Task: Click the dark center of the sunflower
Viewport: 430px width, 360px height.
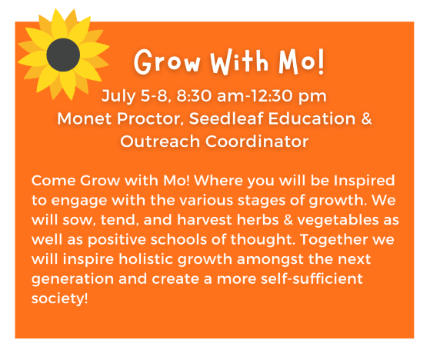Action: click(x=63, y=55)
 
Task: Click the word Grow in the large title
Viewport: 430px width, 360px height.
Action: click(x=167, y=62)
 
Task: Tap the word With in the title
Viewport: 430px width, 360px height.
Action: click(x=239, y=62)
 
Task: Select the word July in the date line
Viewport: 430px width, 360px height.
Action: click(x=118, y=96)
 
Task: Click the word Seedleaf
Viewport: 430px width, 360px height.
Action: click(x=226, y=118)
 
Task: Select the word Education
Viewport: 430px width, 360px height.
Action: click(x=312, y=118)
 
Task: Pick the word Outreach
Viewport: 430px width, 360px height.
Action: click(x=160, y=142)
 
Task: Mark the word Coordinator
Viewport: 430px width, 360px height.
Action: click(x=257, y=142)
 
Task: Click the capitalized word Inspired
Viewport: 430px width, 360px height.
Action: click(x=364, y=182)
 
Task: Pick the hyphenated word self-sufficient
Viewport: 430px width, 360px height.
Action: click(x=312, y=278)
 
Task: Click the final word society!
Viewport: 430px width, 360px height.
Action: click(x=60, y=299)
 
